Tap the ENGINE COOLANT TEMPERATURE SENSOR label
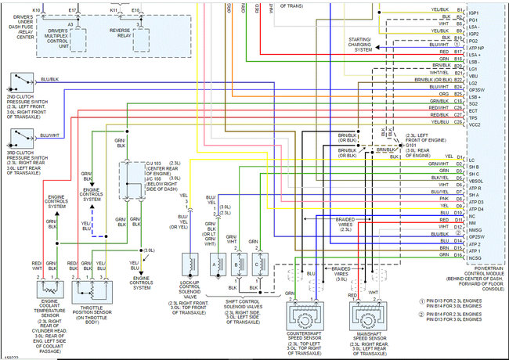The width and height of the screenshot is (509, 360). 37,303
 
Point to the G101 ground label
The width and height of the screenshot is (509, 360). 410,145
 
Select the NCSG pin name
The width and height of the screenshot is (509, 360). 475,257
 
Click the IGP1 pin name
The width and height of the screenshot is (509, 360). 473,13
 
